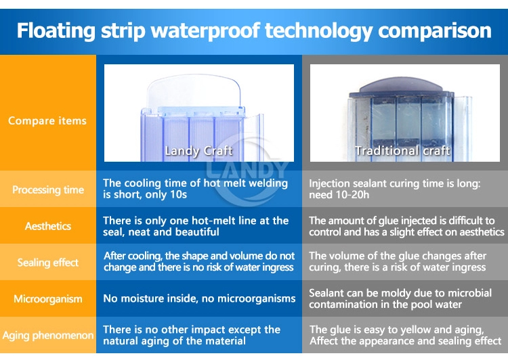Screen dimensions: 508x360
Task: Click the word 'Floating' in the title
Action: (56, 31)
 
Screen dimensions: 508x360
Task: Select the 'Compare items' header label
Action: (47, 120)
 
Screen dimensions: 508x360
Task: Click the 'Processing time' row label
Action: (48, 189)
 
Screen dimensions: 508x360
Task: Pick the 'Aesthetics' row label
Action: (48, 225)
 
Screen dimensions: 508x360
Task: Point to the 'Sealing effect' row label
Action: (48, 263)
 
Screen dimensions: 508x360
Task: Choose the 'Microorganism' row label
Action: (48, 299)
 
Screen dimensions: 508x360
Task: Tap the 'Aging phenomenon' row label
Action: (48, 336)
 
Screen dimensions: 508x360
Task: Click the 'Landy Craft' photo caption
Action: (198, 151)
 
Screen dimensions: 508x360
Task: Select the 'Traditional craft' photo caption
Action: (402, 151)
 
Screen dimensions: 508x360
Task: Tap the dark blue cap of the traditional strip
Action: (401, 85)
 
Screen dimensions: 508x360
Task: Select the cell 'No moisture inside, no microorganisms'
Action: (199, 298)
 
